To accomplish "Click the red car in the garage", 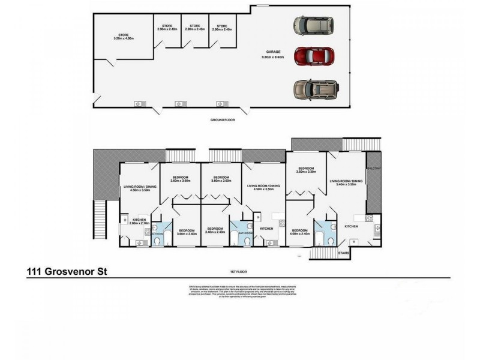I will coord(311,56).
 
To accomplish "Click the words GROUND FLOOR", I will coord(222,120).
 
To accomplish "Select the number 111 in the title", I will coord(35,271).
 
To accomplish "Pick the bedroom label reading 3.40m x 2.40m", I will coord(215,230).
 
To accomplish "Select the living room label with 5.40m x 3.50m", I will coord(346,182).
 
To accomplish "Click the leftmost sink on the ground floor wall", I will coord(139,104).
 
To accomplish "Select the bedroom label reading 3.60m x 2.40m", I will coord(185,232).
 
